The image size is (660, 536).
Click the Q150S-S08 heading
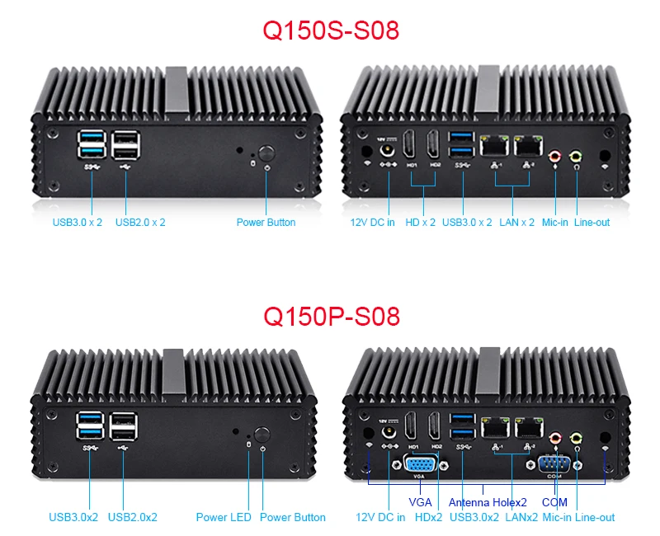point(330,31)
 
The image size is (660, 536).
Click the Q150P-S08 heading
point(330,316)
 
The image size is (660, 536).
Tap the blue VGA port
point(421,463)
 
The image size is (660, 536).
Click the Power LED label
point(224,517)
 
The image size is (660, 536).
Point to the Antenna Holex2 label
point(488,502)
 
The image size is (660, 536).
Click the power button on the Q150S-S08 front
point(266,153)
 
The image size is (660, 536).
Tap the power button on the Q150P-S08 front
point(262,435)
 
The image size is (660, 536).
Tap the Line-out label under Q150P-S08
point(595,517)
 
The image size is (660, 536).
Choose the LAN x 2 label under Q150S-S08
point(517,223)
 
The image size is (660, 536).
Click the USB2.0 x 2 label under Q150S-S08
point(140,222)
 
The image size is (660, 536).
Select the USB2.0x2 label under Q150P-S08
point(132,517)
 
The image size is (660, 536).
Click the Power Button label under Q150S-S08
point(266,222)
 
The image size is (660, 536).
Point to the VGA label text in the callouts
point(420,502)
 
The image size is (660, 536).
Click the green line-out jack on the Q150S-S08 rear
point(577,154)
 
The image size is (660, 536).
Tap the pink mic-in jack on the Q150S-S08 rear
point(555,154)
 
